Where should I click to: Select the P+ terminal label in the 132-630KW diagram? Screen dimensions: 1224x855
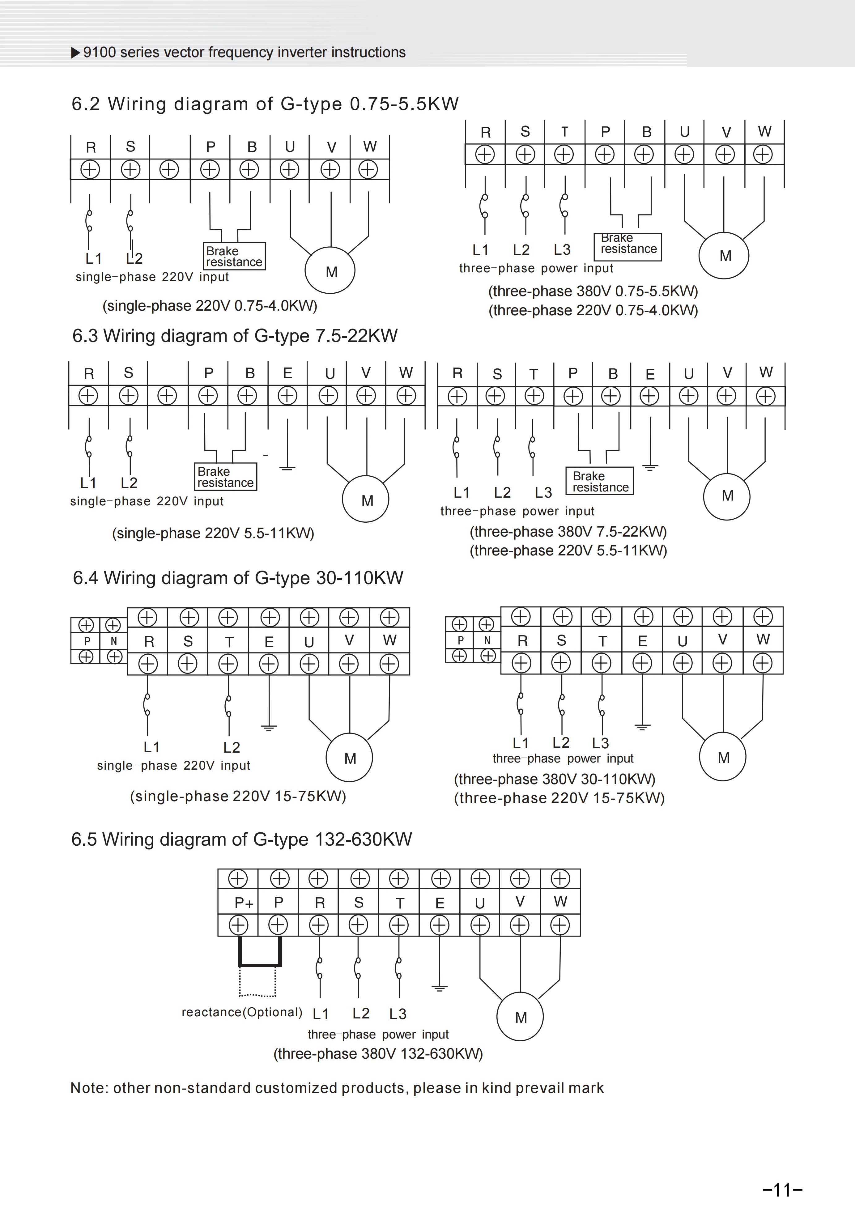coord(244,903)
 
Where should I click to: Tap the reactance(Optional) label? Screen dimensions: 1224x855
coord(241,1012)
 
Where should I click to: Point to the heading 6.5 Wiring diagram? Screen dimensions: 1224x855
coord(241,839)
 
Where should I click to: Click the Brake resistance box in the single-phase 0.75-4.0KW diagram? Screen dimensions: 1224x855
coord(234,257)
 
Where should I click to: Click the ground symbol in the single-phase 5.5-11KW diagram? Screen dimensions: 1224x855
coord(287,468)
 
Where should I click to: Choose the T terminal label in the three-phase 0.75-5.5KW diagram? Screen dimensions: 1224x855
coord(564,132)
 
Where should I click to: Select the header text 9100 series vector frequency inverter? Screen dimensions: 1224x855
coord(244,52)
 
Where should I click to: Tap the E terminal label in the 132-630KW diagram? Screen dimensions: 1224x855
coord(440,903)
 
